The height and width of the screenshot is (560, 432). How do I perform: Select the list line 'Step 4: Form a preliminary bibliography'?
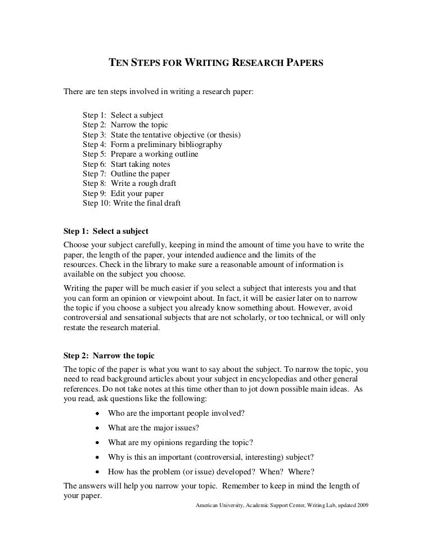(152, 144)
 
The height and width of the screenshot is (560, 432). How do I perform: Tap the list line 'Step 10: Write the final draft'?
(132, 203)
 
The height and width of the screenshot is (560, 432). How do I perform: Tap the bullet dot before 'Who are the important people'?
(97, 413)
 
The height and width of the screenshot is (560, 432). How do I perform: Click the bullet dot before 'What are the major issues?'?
(97, 428)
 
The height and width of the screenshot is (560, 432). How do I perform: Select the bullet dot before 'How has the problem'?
(97, 472)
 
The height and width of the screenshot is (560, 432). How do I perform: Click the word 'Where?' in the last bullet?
(303, 472)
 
